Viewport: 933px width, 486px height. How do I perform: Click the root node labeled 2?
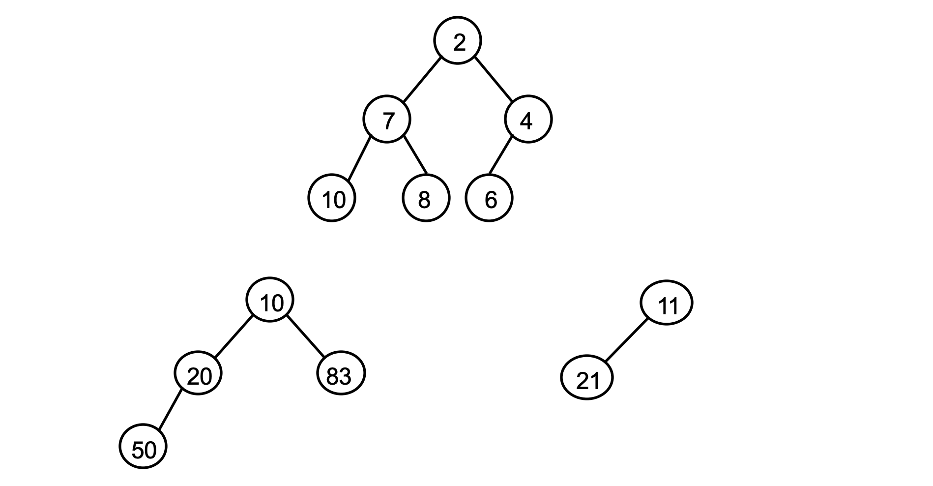coord(458,40)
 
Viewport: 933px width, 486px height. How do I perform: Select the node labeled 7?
coord(387,119)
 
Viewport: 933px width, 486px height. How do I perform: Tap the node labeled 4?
coord(528,119)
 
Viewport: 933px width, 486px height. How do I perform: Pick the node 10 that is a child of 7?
coord(332,198)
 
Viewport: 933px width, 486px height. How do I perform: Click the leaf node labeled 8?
coord(426,198)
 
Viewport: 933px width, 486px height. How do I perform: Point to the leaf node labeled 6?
coord(489,198)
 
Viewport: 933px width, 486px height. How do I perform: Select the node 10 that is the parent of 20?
coord(270,301)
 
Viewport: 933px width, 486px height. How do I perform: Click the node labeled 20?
coord(198,373)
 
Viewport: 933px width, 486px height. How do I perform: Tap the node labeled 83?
coord(341,373)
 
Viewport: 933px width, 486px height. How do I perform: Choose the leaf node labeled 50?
coord(144,446)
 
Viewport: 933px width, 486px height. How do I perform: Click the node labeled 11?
coord(667,303)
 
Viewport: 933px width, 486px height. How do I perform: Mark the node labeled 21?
coord(587,378)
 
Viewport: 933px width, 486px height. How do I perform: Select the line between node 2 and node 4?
coord(493,80)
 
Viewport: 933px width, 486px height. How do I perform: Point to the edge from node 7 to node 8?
coord(415,154)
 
